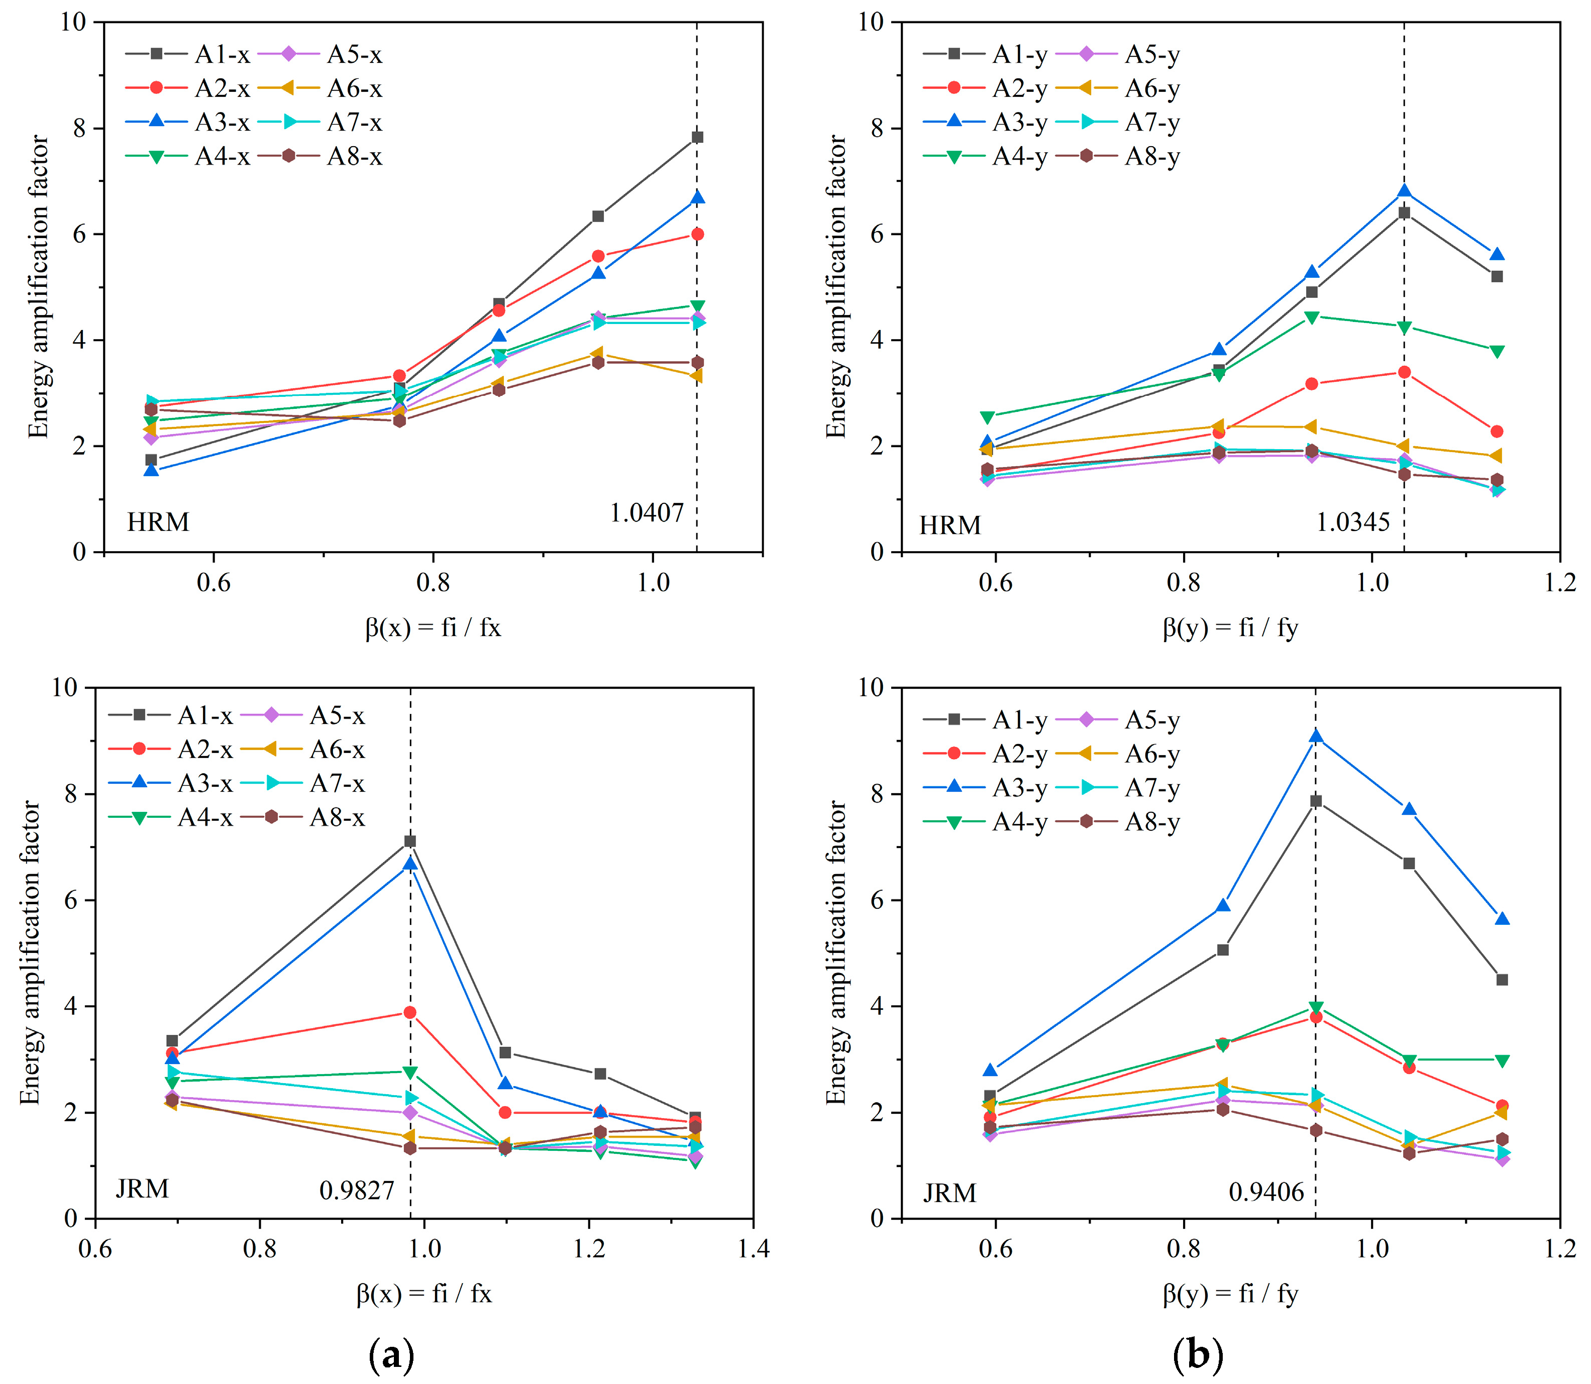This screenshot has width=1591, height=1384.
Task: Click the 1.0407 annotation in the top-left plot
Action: point(647,513)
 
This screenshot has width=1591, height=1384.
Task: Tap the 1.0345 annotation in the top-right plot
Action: point(1352,523)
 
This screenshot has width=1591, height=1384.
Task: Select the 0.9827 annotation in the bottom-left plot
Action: point(356,1190)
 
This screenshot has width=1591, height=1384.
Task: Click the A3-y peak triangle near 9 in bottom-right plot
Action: point(1315,736)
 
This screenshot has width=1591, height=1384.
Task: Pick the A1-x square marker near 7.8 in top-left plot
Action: point(697,138)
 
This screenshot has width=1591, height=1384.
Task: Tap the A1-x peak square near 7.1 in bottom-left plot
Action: point(410,841)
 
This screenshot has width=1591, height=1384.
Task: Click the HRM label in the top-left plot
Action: point(158,522)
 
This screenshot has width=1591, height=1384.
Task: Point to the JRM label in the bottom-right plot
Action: point(949,1193)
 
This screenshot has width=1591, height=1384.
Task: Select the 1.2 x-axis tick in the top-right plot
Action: point(1559,582)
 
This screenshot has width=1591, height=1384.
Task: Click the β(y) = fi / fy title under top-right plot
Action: point(1230,628)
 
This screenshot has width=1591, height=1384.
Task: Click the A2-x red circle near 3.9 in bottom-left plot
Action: point(410,1013)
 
